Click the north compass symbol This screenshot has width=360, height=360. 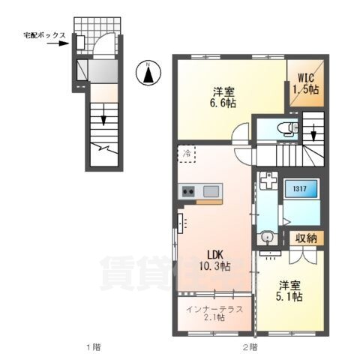tap(148, 73)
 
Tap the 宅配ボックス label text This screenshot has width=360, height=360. tap(45, 35)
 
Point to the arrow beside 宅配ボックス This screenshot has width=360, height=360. tap(58, 43)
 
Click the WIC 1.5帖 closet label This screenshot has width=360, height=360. tap(307, 84)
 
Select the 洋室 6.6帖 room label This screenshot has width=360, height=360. tap(223, 97)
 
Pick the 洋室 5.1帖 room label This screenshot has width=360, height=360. tap(289, 291)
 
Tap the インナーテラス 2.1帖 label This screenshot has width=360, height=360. tap(214, 313)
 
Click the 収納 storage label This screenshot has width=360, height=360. tap(307, 238)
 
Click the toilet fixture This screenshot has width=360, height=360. tap(288, 129)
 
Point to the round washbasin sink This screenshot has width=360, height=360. tap(267, 237)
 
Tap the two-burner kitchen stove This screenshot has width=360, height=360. tap(188, 191)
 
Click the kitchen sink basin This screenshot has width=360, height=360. tap(211, 191)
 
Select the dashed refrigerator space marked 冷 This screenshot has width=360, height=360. tap(186, 154)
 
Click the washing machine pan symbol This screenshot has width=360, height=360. tap(268, 181)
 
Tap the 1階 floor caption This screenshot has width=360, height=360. tap(94, 347)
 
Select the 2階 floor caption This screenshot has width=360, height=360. tap(250, 347)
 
